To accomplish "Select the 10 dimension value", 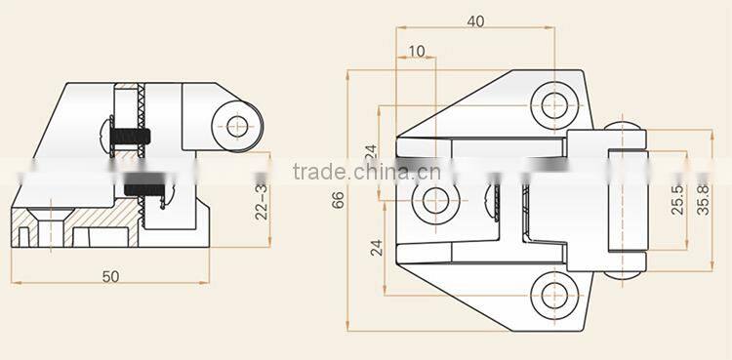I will [417, 52].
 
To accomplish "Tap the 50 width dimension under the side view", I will [110, 276].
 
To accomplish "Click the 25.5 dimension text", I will [677, 200].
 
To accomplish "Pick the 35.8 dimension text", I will [704, 200].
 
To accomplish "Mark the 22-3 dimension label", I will [262, 200].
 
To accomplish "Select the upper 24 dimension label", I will [370, 153].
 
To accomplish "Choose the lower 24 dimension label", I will [377, 247].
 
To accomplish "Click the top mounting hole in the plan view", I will [554, 101].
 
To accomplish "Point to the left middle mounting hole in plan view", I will [433, 200].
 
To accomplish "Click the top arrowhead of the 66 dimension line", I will [348, 74].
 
